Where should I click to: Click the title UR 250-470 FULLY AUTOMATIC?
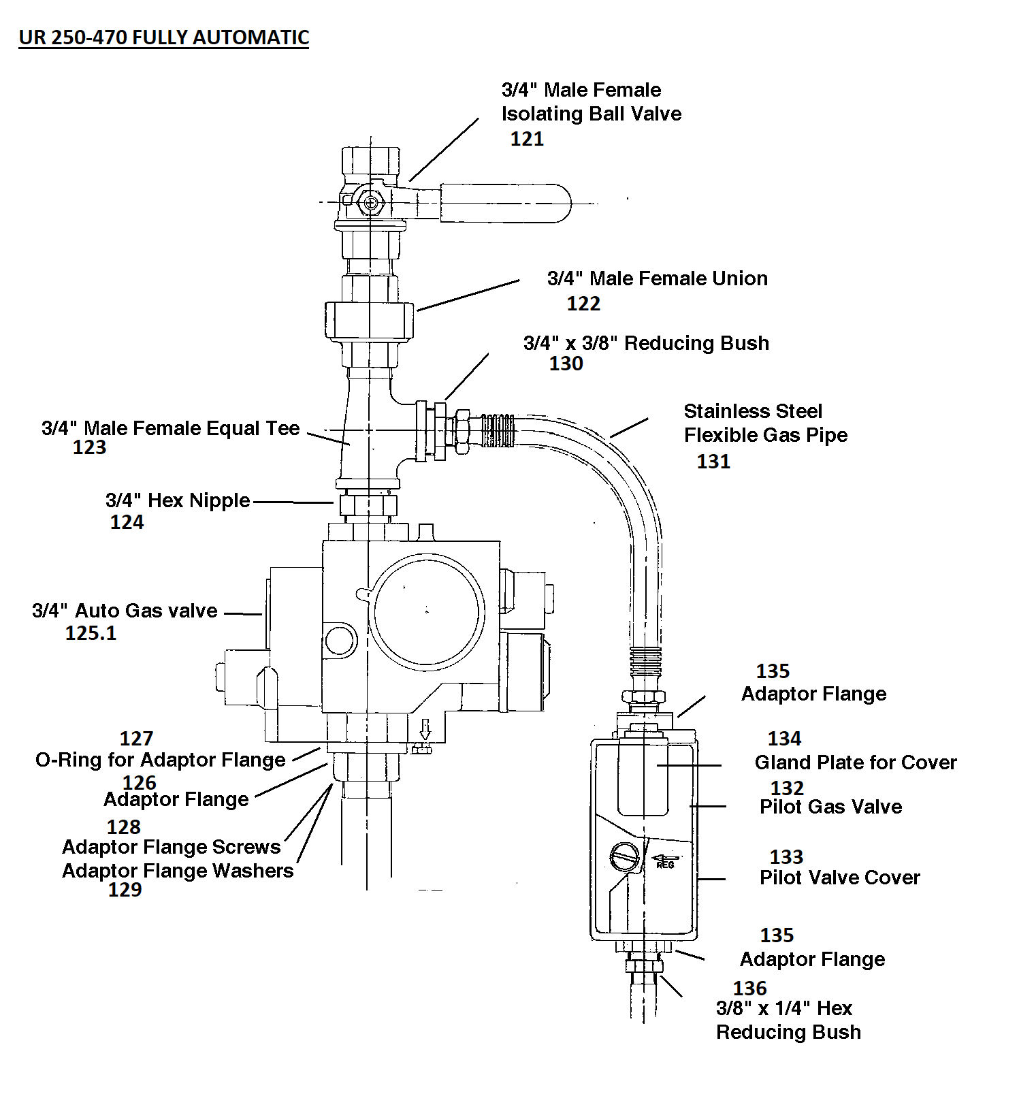(164, 37)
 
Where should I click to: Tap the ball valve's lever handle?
(504, 203)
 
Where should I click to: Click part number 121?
(527, 139)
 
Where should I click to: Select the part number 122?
(583, 304)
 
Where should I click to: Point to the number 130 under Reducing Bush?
(566, 364)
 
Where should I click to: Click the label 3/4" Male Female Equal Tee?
(170, 428)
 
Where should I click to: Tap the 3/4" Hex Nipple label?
(178, 500)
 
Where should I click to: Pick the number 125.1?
(91, 633)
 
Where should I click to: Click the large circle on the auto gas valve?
(427, 611)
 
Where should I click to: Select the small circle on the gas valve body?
(340, 640)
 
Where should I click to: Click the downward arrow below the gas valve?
(425, 730)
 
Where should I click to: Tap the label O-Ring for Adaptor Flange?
(160, 760)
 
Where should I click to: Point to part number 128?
(123, 827)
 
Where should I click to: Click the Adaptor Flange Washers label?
(177, 871)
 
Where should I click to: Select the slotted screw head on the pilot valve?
(624, 856)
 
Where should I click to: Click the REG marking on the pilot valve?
(665, 864)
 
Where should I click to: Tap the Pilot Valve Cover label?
(839, 878)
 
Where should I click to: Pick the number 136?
(749, 988)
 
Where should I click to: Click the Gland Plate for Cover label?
(855, 762)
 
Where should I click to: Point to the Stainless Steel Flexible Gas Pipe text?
(765, 423)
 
